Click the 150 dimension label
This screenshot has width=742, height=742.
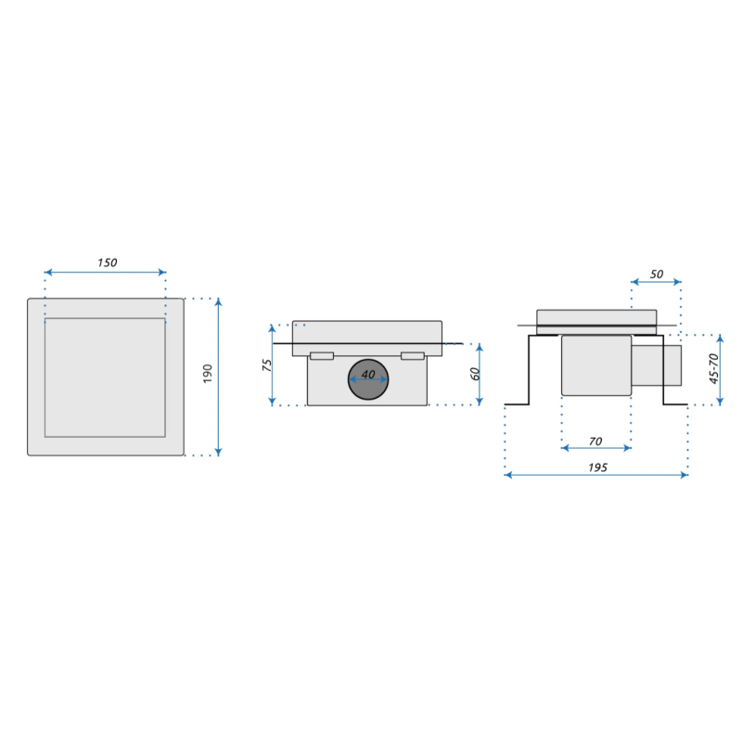107,262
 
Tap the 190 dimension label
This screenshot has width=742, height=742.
208,373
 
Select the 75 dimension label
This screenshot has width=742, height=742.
266,364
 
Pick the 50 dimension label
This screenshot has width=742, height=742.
656,275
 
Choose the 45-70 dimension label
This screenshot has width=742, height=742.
713,369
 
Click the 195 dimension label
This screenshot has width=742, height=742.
596,467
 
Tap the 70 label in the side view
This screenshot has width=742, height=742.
596,441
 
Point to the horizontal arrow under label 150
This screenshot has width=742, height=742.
105,272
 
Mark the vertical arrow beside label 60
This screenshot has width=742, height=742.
480,374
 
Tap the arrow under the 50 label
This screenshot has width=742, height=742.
656,282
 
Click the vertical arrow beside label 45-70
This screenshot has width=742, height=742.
721,369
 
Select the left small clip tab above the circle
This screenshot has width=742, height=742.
322,356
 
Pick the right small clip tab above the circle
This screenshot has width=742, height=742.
413,356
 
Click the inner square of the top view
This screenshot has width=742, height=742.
105,377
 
